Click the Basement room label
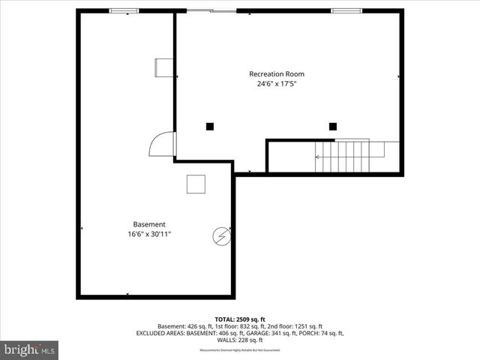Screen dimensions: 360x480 149,224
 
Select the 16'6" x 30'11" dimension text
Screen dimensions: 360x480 149,234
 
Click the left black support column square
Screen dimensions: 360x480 210,126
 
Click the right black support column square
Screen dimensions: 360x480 333,126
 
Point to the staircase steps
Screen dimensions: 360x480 349,156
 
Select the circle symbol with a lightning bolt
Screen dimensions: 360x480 221,236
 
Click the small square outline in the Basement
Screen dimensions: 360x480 196,184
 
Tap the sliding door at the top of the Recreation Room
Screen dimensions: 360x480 211,10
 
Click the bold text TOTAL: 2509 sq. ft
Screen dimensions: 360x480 240,319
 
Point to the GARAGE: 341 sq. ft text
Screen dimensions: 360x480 274,333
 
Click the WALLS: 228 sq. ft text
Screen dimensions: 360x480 240,340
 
